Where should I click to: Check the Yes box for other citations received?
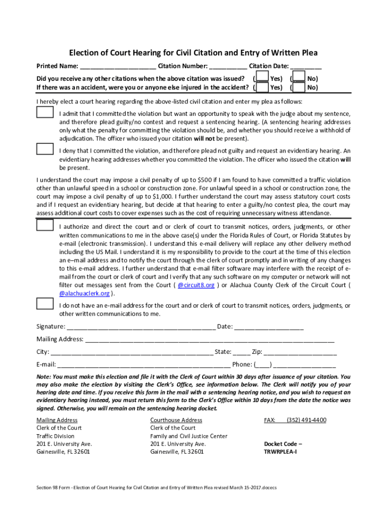(261, 78)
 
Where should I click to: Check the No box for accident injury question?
(299, 87)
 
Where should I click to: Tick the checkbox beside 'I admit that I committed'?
(45, 112)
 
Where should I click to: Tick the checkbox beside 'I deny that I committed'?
(45, 149)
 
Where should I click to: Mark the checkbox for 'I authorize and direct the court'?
(45, 225)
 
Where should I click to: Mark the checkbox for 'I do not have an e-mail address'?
(45, 304)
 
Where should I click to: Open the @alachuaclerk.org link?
(84, 293)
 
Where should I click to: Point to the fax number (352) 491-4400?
(306, 420)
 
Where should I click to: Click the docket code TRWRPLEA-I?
(280, 452)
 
